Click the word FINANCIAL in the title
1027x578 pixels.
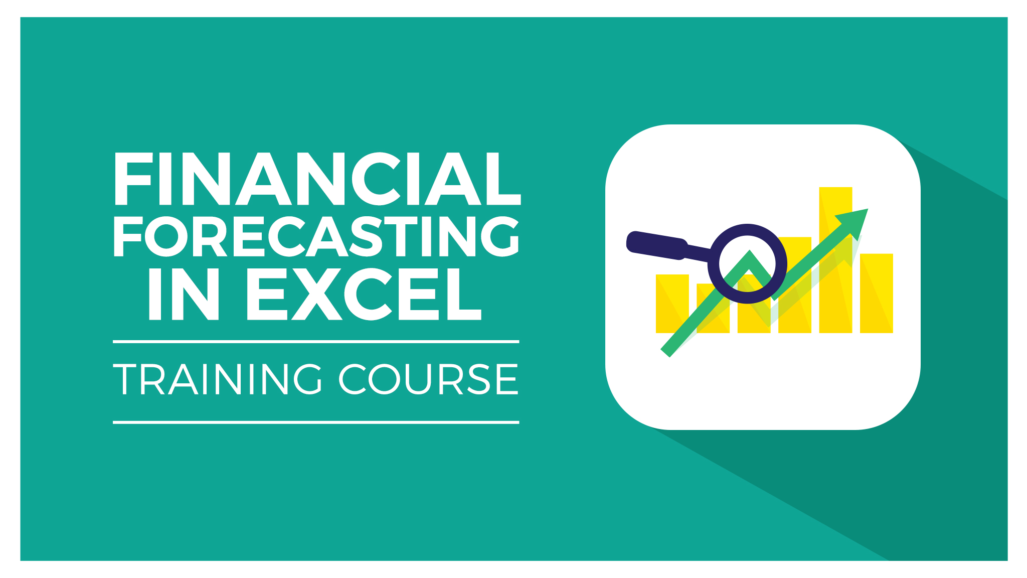(317, 179)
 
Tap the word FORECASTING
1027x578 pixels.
(316, 236)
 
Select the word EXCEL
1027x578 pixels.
(364, 294)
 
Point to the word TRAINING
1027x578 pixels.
(218, 379)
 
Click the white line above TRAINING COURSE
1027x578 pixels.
(316, 342)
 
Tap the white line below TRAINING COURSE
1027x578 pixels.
(316, 422)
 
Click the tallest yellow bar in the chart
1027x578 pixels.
(835, 260)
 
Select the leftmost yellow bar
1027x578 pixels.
(672, 304)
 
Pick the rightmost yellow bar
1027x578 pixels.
(877, 294)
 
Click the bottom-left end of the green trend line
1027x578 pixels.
(665, 352)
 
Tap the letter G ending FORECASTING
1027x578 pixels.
(499, 236)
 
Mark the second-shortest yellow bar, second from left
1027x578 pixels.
(713, 308)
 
